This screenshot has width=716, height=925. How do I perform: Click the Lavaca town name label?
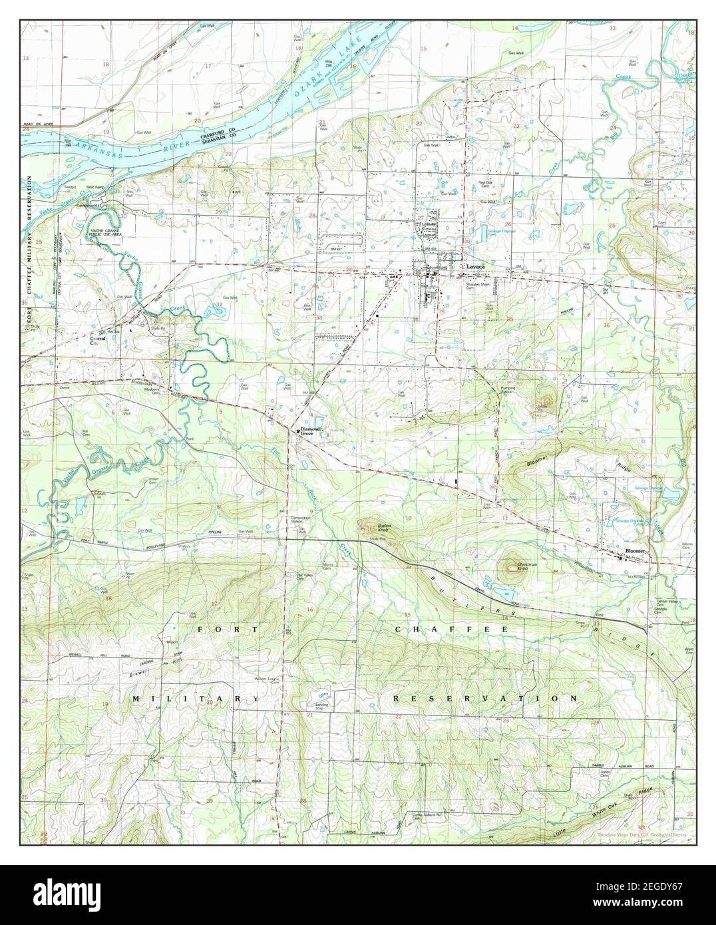475,266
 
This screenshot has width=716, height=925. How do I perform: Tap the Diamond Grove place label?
310,431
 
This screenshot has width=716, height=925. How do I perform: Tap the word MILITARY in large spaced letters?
195,699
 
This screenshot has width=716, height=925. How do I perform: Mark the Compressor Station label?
301,521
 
